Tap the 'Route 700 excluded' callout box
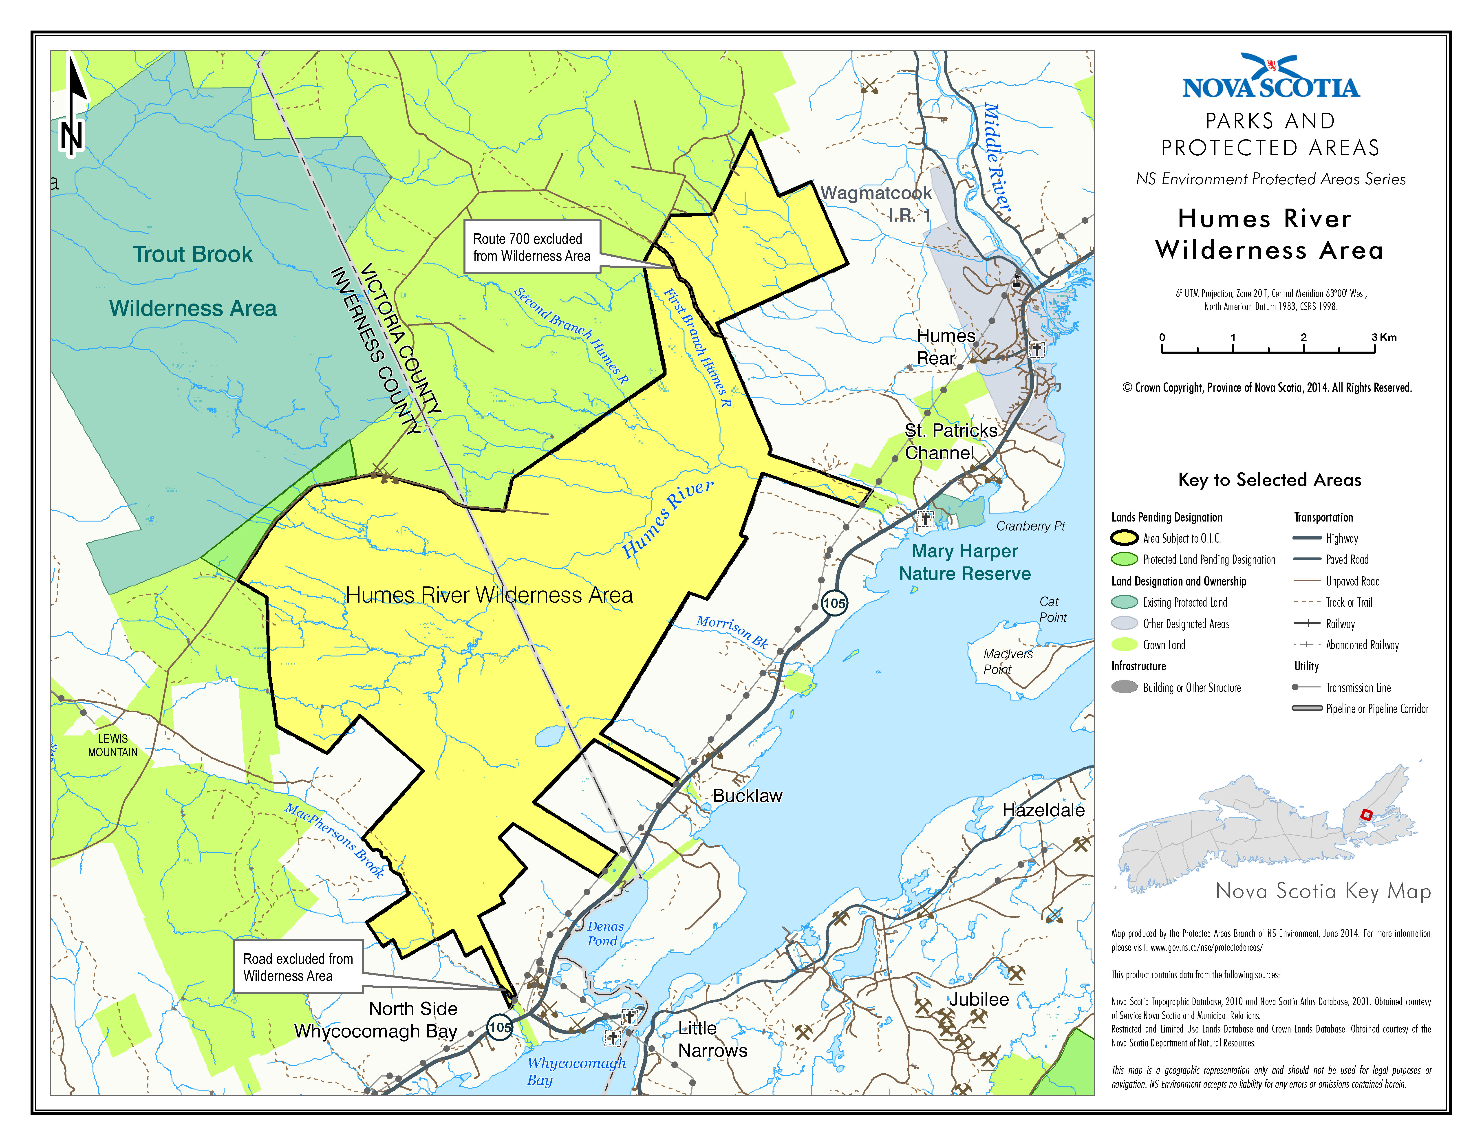pos(531,247)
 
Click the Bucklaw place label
pos(747,796)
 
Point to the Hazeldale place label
pos(1043,810)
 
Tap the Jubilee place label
pos(979,999)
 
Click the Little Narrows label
pos(712,1039)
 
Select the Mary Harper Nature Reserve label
pos(964,562)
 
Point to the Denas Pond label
pos(605,933)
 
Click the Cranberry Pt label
pos(1030,526)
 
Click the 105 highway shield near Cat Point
pos(834,603)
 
